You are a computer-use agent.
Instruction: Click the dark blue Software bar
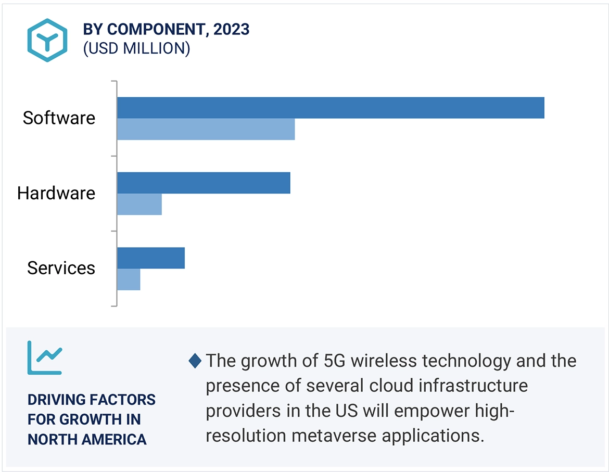tap(331, 108)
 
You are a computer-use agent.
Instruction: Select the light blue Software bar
tap(206, 129)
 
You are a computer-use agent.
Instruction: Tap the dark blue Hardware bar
tap(204, 183)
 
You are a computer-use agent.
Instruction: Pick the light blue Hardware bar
tap(139, 204)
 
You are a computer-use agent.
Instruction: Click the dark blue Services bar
tap(151, 258)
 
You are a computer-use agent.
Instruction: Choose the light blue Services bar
tap(129, 279)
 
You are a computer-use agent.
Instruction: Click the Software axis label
tap(59, 118)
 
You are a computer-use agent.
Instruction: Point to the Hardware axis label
tap(56, 193)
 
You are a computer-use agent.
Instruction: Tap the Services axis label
tap(61, 268)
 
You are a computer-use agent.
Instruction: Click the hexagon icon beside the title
tap(47, 41)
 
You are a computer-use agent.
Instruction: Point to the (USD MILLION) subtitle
tap(136, 48)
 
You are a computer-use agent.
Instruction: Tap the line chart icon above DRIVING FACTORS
tap(45, 358)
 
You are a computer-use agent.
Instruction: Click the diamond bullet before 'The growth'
tap(195, 361)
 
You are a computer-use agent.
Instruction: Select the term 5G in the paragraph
tap(326, 361)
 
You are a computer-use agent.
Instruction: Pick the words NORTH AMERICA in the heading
tap(87, 439)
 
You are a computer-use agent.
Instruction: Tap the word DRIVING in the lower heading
tap(56, 400)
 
